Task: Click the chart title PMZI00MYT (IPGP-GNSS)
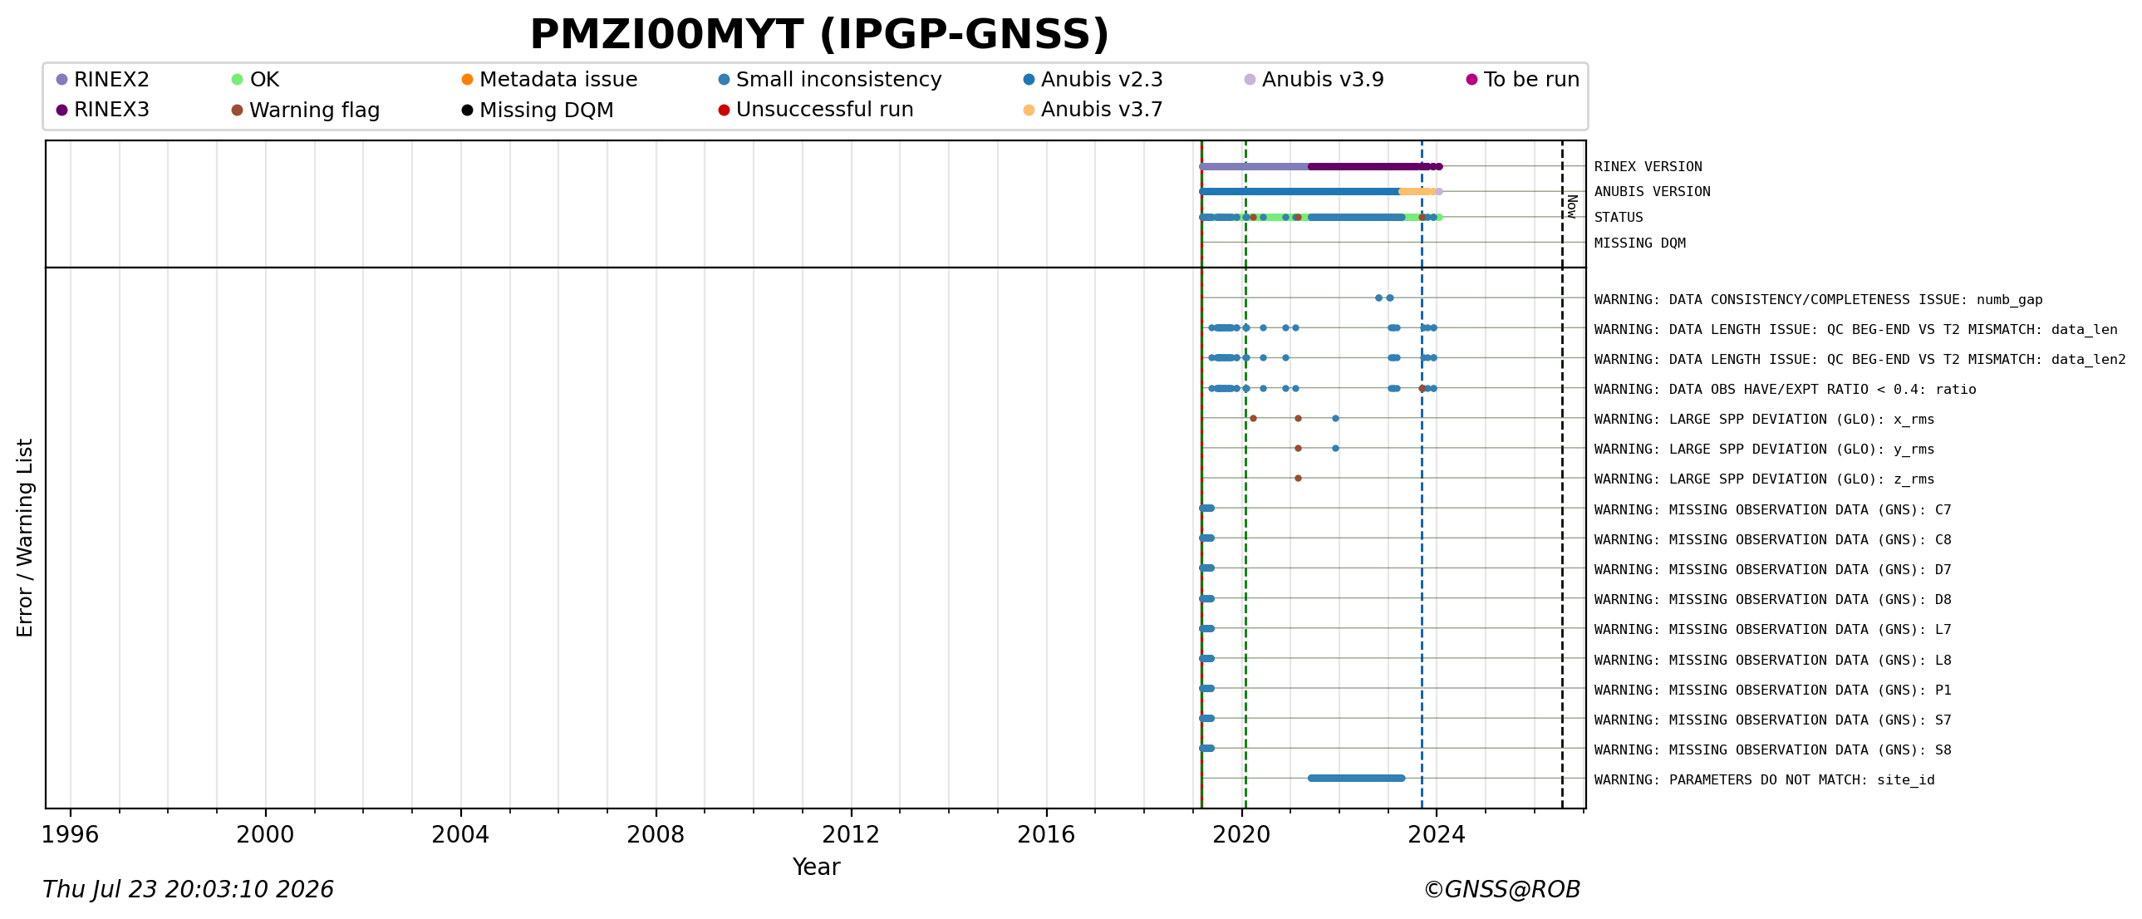(819, 34)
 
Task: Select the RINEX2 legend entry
(103, 79)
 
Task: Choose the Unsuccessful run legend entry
(816, 109)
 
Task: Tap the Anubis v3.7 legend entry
(1093, 109)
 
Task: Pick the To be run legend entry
(1522, 79)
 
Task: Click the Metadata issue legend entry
(550, 79)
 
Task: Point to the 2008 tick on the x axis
(656, 809)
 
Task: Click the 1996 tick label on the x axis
(70, 834)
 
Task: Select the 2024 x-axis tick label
(1436, 834)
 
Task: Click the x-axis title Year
(816, 867)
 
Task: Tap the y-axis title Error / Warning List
(25, 538)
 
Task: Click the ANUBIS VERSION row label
(1652, 191)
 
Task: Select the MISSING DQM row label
(1640, 243)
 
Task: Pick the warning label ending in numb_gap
(1818, 299)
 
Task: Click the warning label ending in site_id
(1764, 779)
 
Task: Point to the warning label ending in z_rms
(1764, 479)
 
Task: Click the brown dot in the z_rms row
(1298, 479)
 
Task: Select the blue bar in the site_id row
(1356, 779)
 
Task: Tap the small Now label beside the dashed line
(1571, 206)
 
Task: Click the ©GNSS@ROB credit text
(1501, 889)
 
